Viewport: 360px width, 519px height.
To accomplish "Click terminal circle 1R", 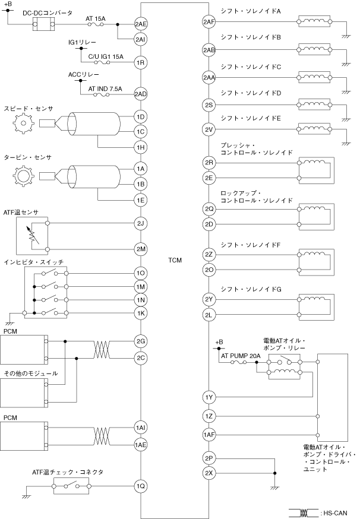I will pyautogui.click(x=140, y=62).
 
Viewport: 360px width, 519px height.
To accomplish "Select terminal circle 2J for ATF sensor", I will pyautogui.click(x=140, y=224).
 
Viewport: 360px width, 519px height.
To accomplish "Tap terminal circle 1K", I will pyautogui.click(x=140, y=313).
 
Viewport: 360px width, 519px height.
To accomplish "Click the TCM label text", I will pyautogui.click(x=175, y=261).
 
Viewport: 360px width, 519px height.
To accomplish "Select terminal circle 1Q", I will pyautogui.click(x=140, y=486).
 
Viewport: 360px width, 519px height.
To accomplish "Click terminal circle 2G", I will pyautogui.click(x=140, y=341).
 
